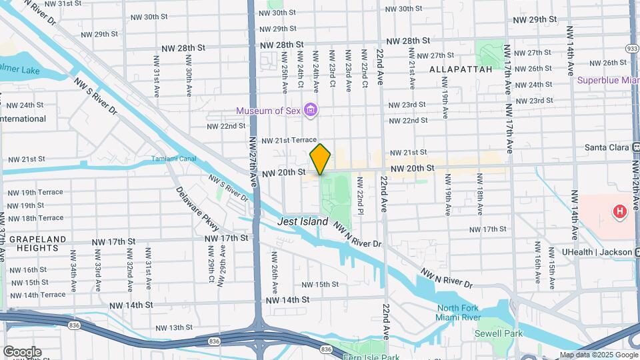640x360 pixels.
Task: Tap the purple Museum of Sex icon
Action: [309, 109]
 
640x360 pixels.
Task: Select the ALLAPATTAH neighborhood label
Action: [461, 69]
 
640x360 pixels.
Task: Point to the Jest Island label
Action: [303, 221]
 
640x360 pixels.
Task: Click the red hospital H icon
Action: [620, 213]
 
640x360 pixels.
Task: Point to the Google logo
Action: [22, 351]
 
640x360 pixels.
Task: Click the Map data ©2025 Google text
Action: [598, 355]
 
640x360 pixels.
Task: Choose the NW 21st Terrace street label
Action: [288, 141]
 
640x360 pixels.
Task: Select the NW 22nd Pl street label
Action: [360, 196]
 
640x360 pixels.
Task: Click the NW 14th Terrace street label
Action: [37, 295]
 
